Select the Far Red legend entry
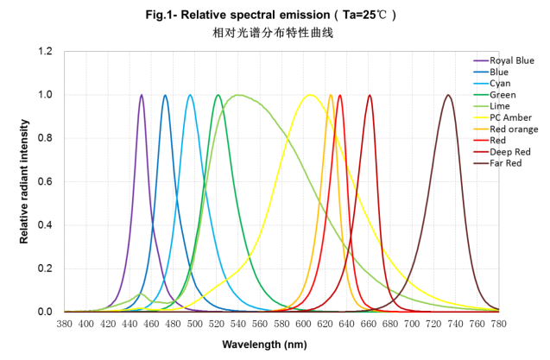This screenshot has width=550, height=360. [506, 162]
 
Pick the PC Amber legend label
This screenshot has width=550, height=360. [510, 117]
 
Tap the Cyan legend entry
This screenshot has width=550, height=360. [500, 83]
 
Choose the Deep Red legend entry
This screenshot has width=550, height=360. [509, 151]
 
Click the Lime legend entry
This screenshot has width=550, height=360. [499, 105]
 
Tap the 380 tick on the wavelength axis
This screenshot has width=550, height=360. [64, 324]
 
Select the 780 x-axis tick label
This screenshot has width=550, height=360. [498, 324]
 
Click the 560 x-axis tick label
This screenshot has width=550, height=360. [259, 324]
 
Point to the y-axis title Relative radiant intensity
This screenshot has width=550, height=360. [26, 182]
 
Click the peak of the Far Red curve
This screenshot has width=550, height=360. [448, 95]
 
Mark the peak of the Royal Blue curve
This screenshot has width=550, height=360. [142, 95]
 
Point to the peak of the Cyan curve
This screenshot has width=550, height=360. [190, 95]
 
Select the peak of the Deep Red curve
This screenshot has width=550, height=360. [370, 95]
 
